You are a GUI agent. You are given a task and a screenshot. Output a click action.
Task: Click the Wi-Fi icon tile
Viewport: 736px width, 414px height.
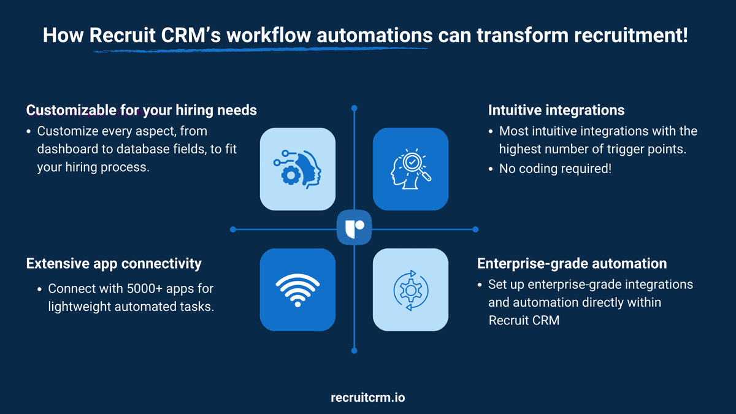click(297, 289)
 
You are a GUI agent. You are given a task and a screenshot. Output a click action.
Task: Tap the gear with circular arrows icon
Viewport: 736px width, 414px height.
click(410, 289)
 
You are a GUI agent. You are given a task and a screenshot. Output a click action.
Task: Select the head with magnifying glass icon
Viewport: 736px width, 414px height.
click(410, 169)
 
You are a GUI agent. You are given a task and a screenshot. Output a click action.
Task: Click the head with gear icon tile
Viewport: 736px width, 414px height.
click(297, 169)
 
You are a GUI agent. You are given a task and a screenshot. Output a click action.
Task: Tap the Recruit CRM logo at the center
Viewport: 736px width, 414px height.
click(354, 229)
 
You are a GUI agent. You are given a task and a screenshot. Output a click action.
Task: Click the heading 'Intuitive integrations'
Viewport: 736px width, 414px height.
click(556, 110)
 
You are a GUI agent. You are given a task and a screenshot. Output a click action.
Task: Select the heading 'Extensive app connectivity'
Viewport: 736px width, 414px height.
click(113, 264)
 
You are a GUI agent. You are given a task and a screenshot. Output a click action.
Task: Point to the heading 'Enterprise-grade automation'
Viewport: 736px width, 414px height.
click(572, 264)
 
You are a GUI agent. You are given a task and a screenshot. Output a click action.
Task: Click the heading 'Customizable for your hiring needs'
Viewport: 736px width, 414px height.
click(141, 110)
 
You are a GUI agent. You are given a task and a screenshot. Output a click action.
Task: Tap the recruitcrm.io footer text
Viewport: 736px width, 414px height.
click(367, 397)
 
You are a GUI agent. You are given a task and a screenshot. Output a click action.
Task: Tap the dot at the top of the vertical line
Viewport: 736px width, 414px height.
click(354, 109)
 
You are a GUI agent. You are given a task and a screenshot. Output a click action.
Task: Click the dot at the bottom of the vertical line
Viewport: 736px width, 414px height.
click(354, 351)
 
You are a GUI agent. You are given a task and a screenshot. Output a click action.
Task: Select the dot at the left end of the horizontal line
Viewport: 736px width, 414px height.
click(233, 229)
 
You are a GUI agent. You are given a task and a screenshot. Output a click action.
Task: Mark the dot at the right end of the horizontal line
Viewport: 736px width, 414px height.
click(475, 229)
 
